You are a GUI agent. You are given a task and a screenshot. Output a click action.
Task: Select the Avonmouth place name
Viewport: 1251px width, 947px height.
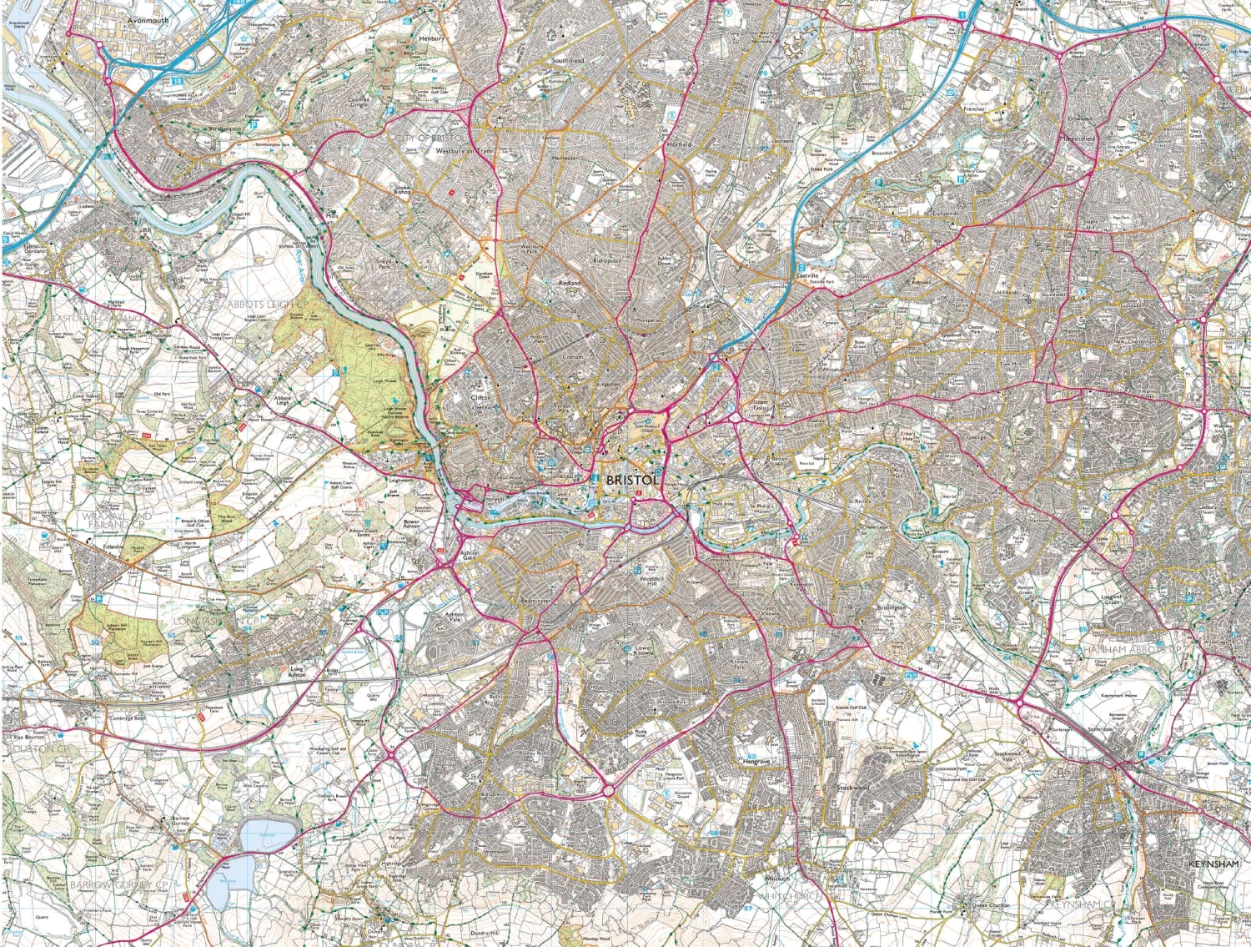coord(148,20)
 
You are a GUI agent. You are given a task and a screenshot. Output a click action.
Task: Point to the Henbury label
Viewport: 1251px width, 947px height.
coord(432,38)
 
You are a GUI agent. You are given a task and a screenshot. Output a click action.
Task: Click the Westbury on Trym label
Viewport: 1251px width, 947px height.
coord(465,152)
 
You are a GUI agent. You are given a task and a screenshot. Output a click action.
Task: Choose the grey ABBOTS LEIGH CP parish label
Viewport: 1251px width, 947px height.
coord(261,305)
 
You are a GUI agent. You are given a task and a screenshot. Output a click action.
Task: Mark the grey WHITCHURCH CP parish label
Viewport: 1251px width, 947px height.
coord(792,895)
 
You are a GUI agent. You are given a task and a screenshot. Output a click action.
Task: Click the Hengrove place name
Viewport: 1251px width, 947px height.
coord(756,761)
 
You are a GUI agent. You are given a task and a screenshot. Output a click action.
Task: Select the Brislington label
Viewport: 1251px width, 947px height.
coord(891,607)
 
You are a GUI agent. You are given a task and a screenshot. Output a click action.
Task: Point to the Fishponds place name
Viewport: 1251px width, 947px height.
coord(945,214)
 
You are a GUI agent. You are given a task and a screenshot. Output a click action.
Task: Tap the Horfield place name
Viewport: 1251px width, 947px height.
coord(679,144)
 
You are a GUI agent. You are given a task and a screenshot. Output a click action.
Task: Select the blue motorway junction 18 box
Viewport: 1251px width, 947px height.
coord(178,81)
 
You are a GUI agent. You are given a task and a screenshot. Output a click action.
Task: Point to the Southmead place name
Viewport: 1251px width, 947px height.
coord(568,61)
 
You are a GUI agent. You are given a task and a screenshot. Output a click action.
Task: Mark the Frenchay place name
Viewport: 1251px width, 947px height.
coord(974,108)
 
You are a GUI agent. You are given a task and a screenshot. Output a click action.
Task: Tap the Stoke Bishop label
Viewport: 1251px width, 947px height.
coord(403,189)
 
